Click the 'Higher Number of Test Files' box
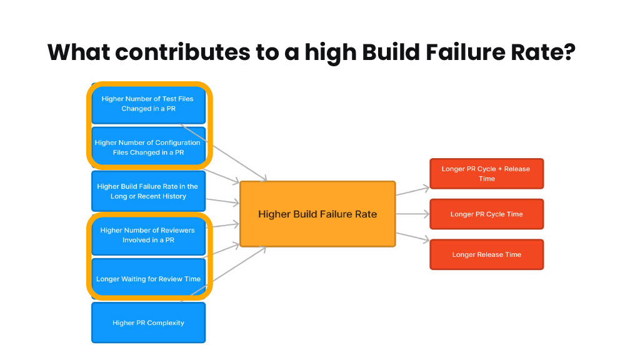coord(149,104)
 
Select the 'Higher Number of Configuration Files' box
coord(149,147)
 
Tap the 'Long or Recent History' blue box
coord(149,191)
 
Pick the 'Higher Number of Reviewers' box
coord(149,235)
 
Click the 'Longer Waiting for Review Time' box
coord(149,279)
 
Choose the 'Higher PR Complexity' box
coord(149,322)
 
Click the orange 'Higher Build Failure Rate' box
coord(317,214)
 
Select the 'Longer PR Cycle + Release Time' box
coord(486,174)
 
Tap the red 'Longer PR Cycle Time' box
coord(486,214)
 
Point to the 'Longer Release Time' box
coord(486,254)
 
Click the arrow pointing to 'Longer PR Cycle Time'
coord(412,214)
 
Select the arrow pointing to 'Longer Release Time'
coord(412,237)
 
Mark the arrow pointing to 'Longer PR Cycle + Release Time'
coord(412,191)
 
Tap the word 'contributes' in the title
coord(182,52)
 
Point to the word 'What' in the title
coord(79,52)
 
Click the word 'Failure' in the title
coord(466,52)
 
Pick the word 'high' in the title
coord(331,53)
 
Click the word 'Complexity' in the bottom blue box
coord(165,323)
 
